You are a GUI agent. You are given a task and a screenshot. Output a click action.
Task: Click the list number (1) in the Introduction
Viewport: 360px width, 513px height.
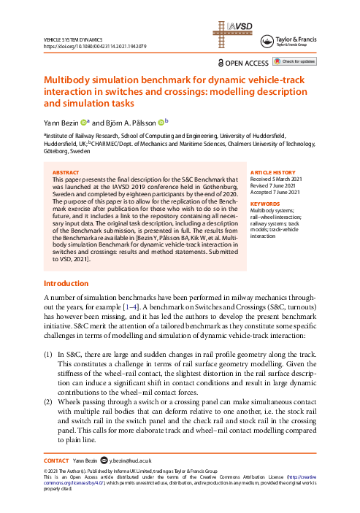click(49, 352)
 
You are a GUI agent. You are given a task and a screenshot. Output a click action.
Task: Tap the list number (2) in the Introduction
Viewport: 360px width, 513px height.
click(49, 402)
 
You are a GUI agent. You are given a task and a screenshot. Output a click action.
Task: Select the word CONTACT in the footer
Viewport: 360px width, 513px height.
click(56, 460)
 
